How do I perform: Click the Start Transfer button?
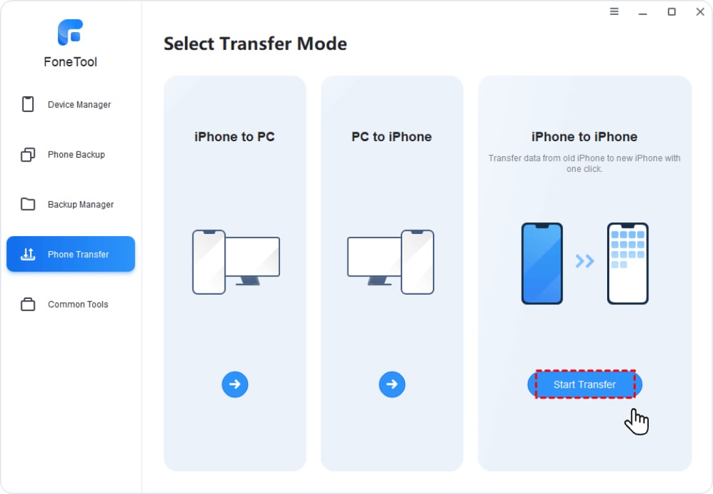click(585, 384)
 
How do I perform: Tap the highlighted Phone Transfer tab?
click(70, 254)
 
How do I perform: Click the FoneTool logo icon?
click(70, 32)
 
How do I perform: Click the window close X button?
click(700, 12)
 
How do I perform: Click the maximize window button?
click(671, 12)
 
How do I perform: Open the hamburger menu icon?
click(614, 12)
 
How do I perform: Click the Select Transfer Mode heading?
click(255, 44)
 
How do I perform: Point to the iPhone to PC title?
click(235, 136)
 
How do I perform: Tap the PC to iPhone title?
click(391, 136)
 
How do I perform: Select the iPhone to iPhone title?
click(585, 136)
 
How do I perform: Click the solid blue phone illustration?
click(542, 263)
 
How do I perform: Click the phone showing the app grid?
click(628, 263)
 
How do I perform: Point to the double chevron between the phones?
click(585, 261)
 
